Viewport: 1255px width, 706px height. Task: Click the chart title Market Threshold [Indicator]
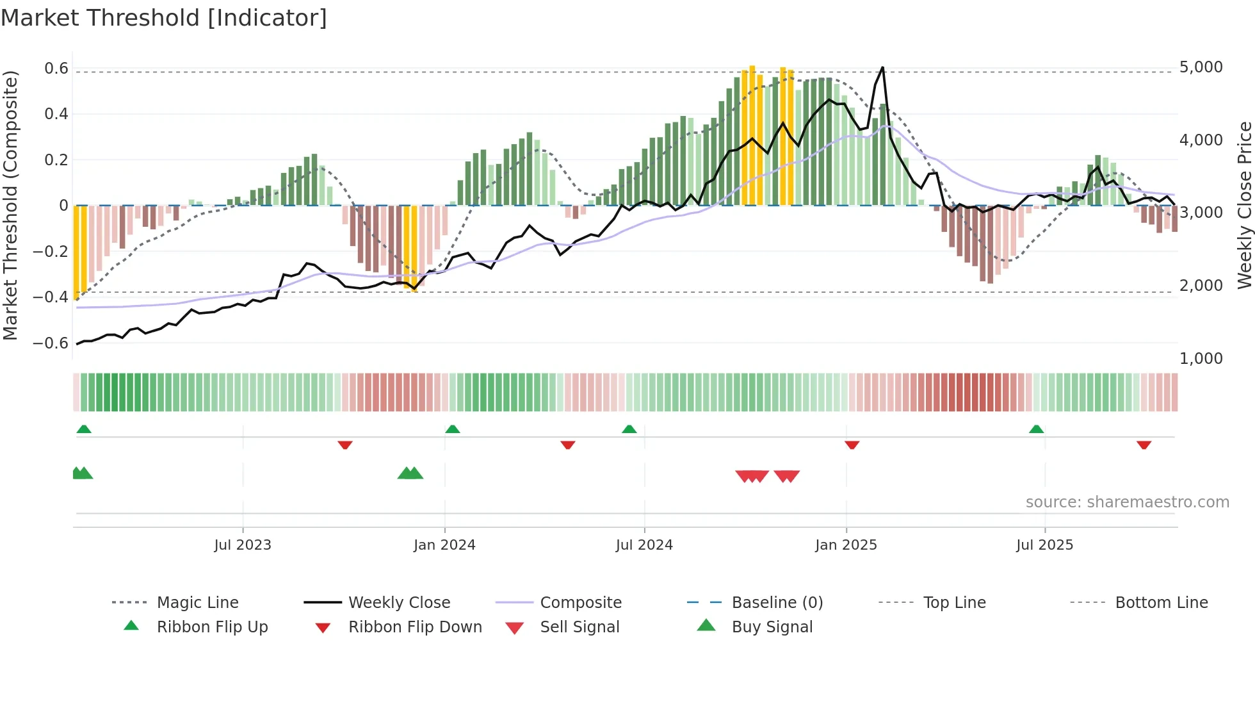pos(164,18)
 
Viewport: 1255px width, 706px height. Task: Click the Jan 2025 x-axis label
pos(846,545)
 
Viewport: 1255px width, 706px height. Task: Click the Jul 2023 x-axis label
pos(243,545)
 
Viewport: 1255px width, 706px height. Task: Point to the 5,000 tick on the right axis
pos(1201,67)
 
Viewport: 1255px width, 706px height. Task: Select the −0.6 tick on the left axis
pos(51,343)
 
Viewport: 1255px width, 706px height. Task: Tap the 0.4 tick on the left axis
pos(56,114)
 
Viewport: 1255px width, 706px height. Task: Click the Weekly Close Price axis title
pos(1244,205)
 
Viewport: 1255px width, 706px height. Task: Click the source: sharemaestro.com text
pos(1127,502)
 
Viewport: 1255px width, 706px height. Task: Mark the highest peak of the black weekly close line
pos(882,67)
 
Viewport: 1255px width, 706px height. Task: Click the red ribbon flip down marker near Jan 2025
pos(852,445)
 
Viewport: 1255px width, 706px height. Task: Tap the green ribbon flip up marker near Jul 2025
pos(1036,429)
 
